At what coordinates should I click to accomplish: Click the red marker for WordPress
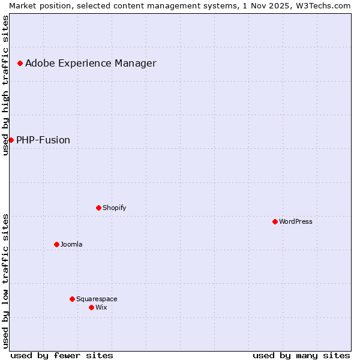(275, 221)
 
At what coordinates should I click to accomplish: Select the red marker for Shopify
(98, 208)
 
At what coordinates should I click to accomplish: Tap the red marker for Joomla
(56, 244)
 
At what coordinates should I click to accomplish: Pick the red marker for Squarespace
(72, 299)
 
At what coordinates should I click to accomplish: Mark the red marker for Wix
(91, 307)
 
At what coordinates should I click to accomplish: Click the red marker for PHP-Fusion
(11, 140)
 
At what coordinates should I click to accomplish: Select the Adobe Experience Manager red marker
(20, 63)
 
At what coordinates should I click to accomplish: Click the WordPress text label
(296, 221)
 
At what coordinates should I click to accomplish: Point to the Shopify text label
(115, 208)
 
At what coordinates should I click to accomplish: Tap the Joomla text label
(71, 244)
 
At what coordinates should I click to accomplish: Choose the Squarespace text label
(97, 299)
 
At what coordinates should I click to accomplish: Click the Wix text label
(101, 307)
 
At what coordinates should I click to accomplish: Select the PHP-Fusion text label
(43, 140)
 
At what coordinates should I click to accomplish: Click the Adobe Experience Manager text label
(91, 63)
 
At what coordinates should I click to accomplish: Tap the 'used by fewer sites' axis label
(62, 355)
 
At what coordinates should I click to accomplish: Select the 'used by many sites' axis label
(301, 355)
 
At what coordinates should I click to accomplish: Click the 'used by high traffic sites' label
(5, 86)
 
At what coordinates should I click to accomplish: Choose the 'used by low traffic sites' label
(5, 280)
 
